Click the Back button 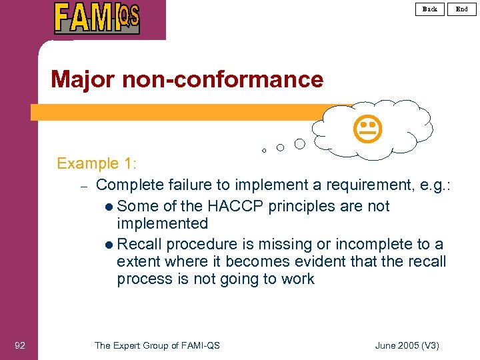coord(430,9)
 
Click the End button coord(462,9)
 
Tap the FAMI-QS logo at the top coord(97,18)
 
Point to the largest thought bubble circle coord(300,143)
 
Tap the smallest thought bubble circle coord(264,151)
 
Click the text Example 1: coord(97,163)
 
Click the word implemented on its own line coord(162,223)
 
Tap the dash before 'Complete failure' coord(84,185)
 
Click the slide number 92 coord(20,345)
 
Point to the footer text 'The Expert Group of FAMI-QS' coord(157,345)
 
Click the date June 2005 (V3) coord(407,345)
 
